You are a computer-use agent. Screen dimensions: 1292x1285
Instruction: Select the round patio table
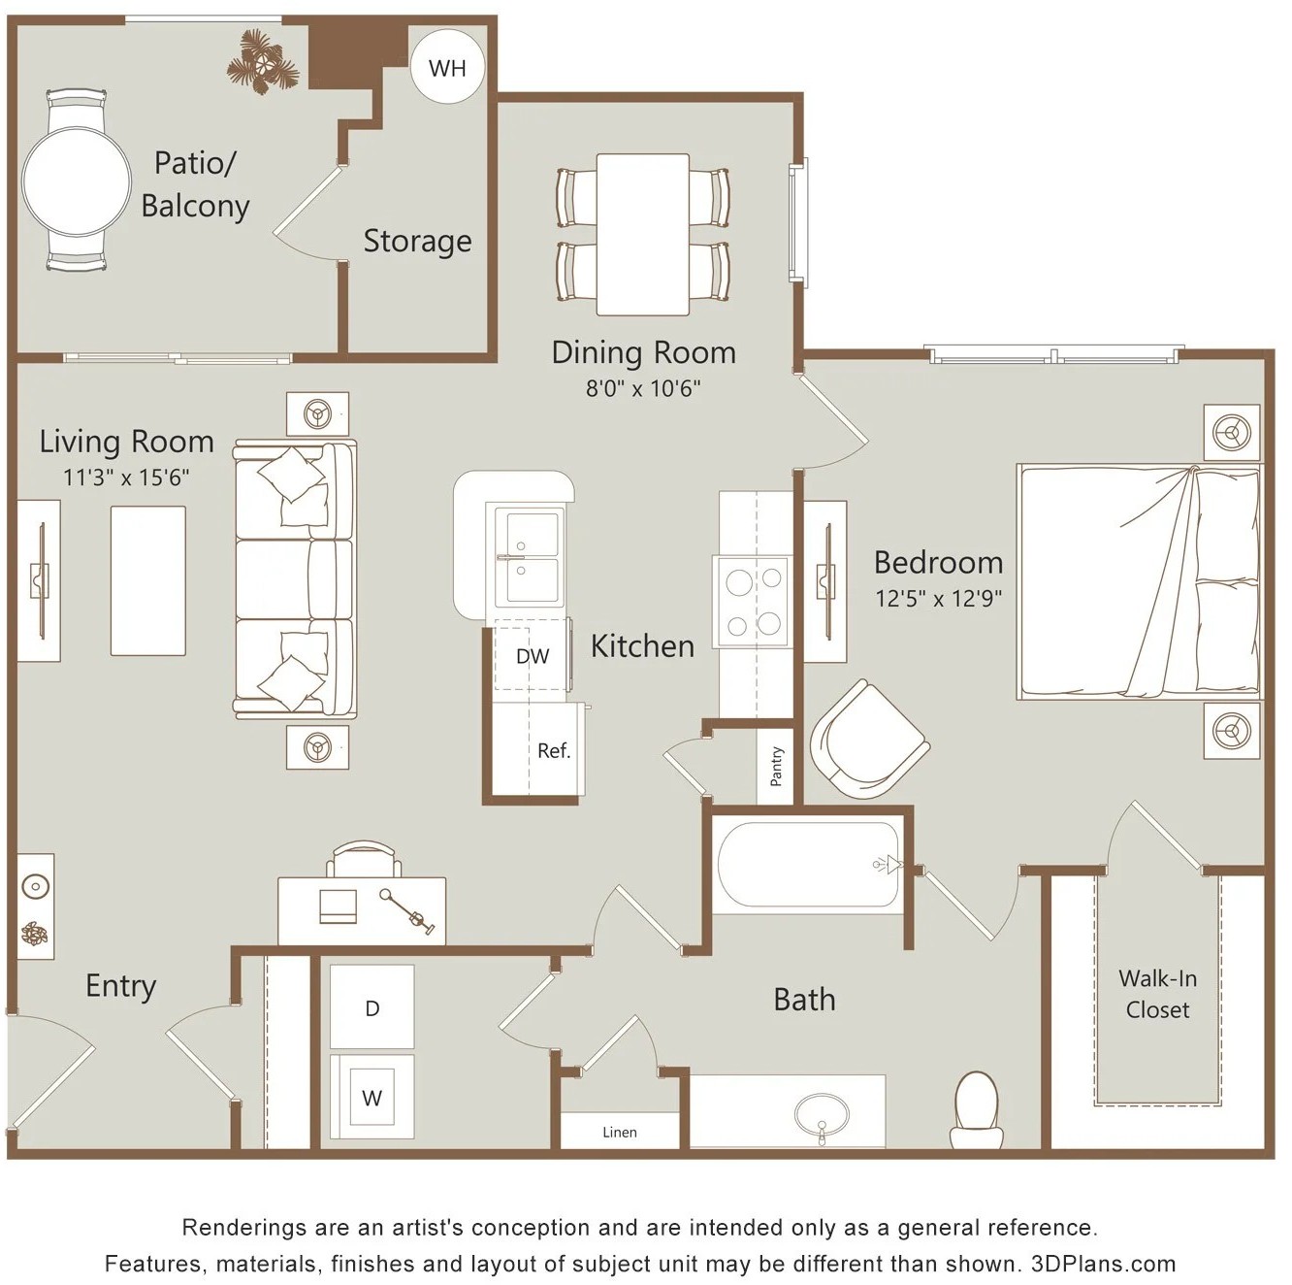tap(76, 181)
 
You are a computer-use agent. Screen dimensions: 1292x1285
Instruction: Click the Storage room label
tap(417, 241)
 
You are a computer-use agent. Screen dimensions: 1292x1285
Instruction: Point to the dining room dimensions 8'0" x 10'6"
tap(643, 388)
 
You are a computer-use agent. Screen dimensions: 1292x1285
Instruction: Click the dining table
tap(643, 234)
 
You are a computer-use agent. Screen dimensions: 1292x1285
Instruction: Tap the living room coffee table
tap(148, 580)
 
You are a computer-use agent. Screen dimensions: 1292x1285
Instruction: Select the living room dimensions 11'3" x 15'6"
tap(126, 478)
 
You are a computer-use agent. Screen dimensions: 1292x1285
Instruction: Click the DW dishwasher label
tap(533, 656)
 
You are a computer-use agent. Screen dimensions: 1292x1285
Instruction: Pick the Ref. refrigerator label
tap(554, 750)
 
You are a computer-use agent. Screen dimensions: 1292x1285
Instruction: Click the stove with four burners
tap(753, 601)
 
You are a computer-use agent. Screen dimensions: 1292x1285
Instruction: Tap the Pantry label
tap(776, 766)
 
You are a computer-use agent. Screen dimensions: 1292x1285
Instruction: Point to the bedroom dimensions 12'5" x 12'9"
tap(938, 598)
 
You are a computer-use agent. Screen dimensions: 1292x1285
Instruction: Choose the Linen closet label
tap(620, 1132)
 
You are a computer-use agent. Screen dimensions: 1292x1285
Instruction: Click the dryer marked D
tap(372, 1006)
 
